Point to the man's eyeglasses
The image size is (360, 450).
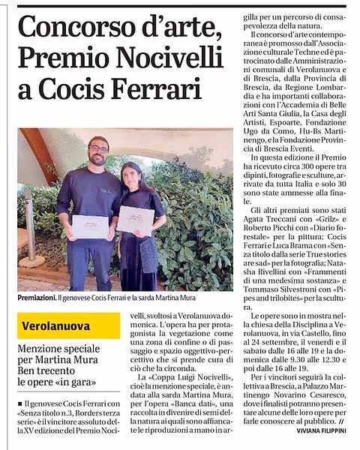tap(98, 148)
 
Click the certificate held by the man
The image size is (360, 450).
tap(90, 226)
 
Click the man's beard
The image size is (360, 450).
tap(98, 159)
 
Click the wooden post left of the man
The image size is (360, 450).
tap(31, 225)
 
